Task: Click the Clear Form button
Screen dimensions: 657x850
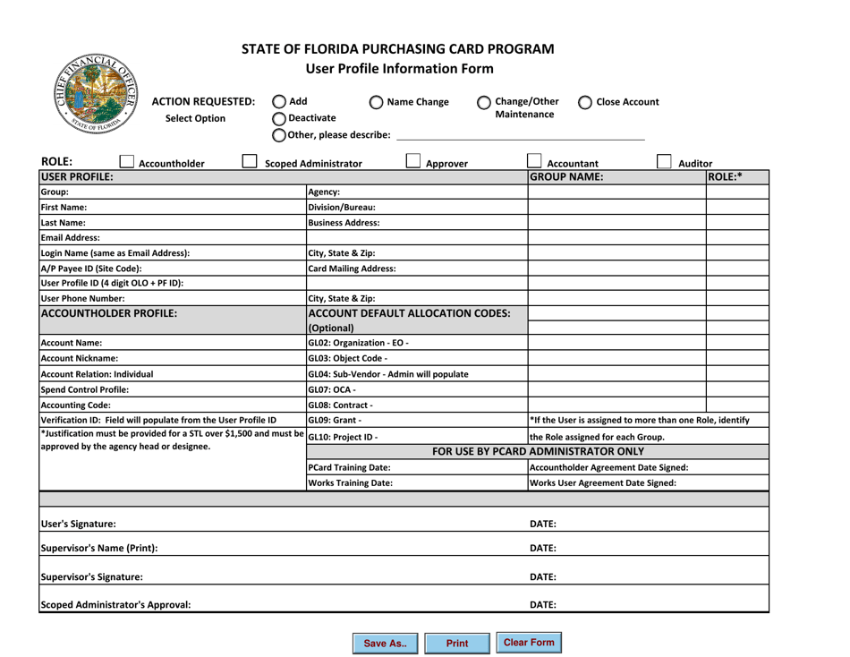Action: tap(529, 643)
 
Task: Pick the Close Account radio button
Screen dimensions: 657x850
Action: tap(584, 101)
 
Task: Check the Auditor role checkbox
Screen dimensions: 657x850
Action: tap(667, 163)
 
